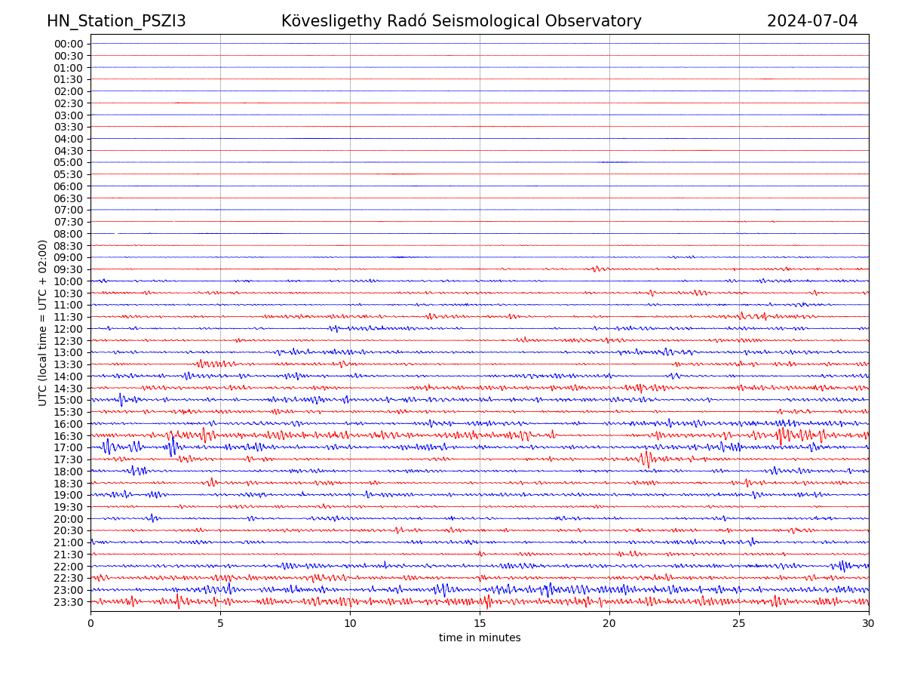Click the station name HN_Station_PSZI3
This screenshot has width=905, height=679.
(116, 21)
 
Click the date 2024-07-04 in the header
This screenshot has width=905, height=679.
(812, 21)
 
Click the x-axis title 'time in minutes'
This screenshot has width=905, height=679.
(480, 638)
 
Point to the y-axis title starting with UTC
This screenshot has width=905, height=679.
(43, 323)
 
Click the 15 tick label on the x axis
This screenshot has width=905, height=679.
(480, 624)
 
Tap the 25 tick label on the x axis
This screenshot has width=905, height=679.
(739, 624)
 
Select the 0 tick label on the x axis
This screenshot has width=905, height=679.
(90, 624)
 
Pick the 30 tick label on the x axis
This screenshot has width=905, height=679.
(869, 624)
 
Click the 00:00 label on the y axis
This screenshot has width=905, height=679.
(69, 44)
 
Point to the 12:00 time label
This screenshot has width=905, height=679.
(69, 329)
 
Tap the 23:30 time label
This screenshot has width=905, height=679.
(69, 602)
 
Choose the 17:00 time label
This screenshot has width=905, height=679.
(69, 447)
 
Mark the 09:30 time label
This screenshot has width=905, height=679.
(69, 269)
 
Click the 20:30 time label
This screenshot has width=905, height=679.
(69, 530)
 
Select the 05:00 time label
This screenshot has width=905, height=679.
(69, 162)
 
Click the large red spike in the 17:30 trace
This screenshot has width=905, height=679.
(645, 459)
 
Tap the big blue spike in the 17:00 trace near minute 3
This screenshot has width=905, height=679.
(173, 446)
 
